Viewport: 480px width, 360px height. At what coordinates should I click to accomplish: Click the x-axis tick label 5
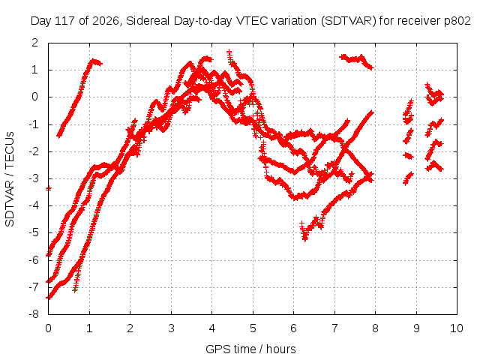253,328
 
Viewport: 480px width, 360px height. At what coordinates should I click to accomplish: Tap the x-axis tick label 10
457,328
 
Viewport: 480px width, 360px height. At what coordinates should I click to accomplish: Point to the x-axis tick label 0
48,328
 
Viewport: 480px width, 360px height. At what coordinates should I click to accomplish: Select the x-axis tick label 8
375,328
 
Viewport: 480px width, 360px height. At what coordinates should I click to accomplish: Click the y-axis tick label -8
34,314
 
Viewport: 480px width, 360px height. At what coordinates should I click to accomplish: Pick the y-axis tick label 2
35,43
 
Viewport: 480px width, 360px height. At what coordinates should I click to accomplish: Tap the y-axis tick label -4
34,205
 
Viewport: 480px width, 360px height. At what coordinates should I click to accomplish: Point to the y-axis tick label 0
35,97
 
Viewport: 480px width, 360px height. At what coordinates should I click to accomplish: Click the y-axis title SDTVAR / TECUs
10,179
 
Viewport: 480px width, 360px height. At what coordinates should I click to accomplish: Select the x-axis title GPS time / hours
250,349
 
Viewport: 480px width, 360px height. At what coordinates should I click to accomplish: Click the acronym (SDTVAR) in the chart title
348,21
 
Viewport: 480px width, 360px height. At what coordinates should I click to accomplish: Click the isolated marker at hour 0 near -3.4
48,188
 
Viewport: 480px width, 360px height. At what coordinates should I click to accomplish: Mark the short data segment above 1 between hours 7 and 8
357,61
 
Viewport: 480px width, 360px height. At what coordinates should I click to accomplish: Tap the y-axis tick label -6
34,260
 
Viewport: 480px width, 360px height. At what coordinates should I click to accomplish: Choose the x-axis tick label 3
171,328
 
